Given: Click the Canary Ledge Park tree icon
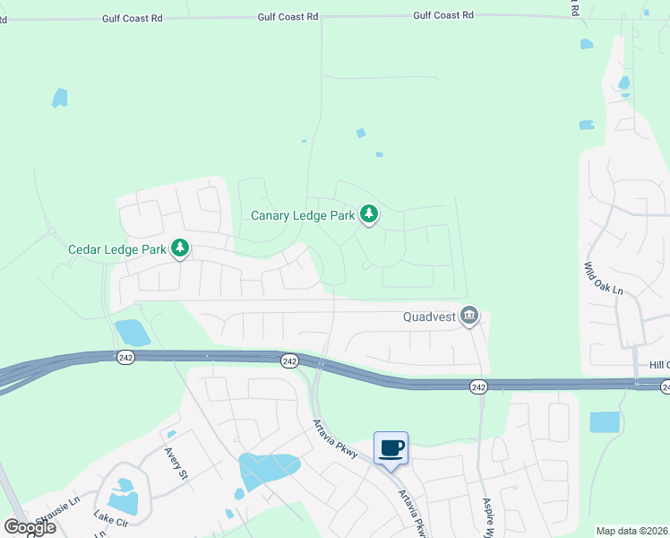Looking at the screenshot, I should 368,214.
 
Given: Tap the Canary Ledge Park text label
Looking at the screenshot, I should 302,215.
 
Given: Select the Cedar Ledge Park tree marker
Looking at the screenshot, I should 180,247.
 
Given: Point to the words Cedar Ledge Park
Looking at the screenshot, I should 117,248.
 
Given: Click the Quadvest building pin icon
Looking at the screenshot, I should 468,316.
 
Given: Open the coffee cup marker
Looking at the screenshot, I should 391,447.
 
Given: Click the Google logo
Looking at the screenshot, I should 30,526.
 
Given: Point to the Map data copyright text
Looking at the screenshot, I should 632,531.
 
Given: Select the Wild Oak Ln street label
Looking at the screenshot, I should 602,279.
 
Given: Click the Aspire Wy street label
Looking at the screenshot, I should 489,517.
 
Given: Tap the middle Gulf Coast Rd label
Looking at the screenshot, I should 288,17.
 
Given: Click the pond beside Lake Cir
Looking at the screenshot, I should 122,498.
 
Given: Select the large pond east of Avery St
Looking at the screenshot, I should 268,469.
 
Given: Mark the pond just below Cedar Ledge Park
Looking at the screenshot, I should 133,333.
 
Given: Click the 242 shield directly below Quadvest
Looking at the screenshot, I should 478,386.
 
